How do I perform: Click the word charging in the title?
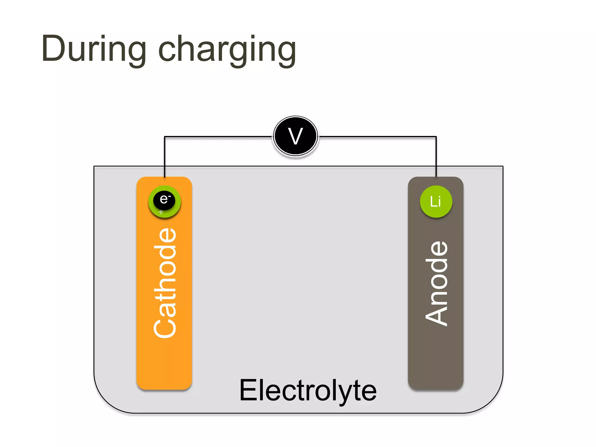[x=227, y=49]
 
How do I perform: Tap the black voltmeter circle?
[x=296, y=136]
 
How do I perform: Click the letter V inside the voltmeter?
[x=296, y=136]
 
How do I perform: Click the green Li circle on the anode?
[x=436, y=201]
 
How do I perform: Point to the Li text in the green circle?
[x=436, y=201]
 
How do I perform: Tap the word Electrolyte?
[x=308, y=391]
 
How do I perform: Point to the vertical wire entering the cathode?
[x=164, y=157]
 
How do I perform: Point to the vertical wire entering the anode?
[x=436, y=157]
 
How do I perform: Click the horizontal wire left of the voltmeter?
[x=218, y=136]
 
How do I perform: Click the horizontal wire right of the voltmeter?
[x=378, y=136]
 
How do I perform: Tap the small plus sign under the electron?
[x=161, y=212]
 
